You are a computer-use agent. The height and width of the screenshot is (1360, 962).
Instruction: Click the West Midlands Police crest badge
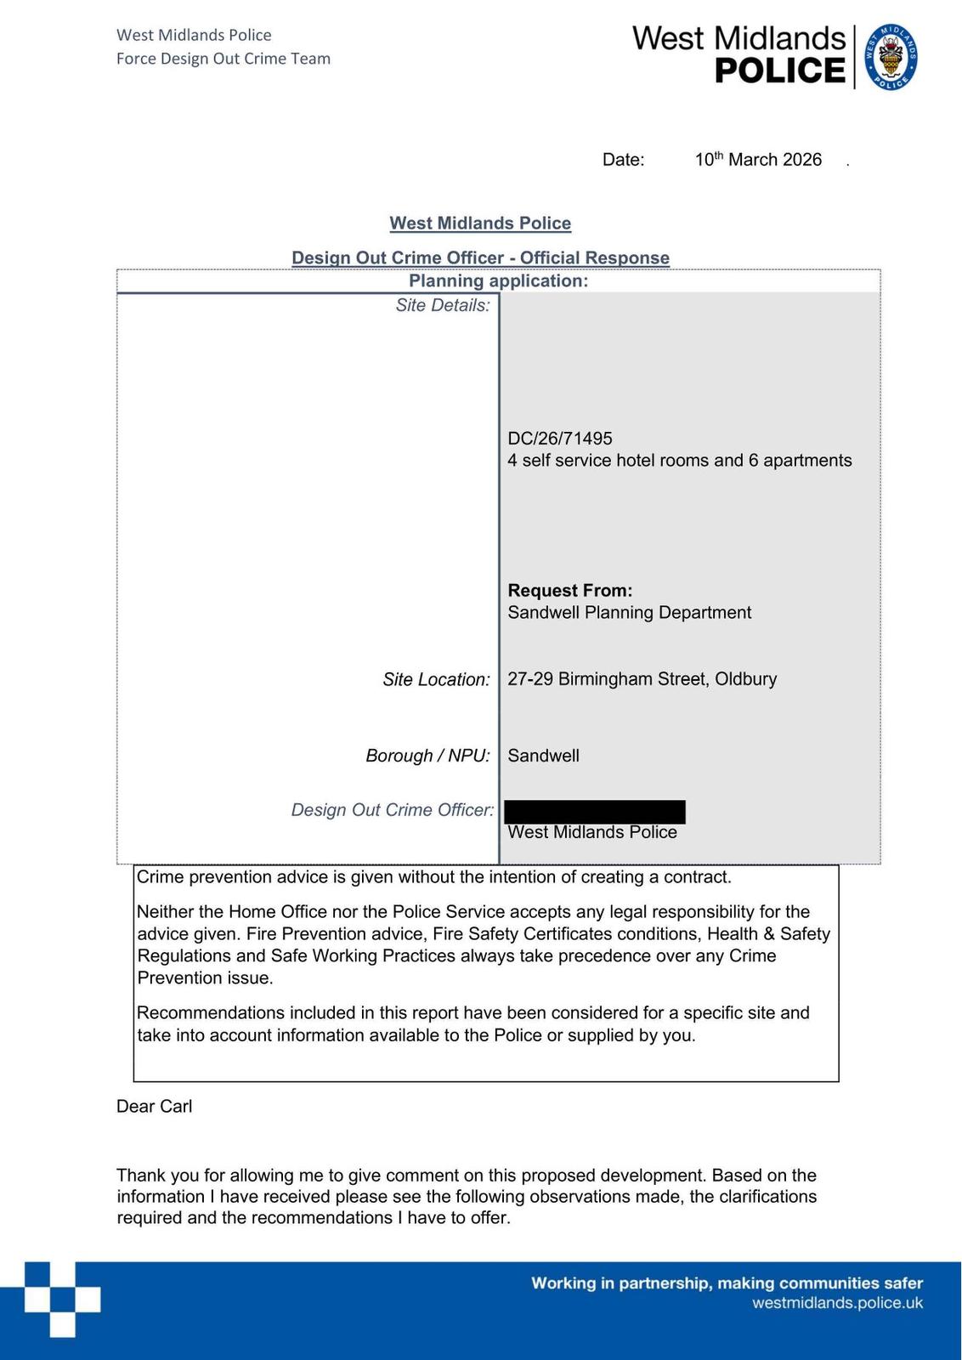pos(891,57)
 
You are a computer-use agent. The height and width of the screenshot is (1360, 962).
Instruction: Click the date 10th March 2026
pos(758,160)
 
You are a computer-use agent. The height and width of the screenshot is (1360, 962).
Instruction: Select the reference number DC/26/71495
pos(560,439)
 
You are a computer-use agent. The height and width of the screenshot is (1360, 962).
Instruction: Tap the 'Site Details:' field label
pos(443,306)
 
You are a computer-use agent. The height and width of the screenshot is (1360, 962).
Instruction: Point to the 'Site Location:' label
pos(436,680)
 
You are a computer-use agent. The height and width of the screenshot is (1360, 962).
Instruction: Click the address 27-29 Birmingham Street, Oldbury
pos(642,679)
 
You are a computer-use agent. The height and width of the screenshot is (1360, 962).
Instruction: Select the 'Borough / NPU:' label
pos(427,756)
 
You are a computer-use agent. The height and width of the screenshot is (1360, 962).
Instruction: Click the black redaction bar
pos(595,812)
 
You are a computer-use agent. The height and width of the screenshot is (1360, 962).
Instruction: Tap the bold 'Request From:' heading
pos(570,591)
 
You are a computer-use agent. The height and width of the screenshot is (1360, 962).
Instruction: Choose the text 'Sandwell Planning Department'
pos(629,613)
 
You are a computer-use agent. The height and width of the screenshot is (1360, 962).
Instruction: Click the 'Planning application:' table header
pos(498,281)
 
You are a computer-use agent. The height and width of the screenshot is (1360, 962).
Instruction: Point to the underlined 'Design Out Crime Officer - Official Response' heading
pos(480,258)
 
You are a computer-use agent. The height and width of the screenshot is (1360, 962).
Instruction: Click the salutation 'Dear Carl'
pos(154,1107)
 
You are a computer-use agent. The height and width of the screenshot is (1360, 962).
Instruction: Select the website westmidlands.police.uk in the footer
pos(837,1304)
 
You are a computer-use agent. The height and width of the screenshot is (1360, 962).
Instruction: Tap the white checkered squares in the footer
pos(62,1300)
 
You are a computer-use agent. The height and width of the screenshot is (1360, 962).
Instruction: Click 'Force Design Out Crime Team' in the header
pos(224,59)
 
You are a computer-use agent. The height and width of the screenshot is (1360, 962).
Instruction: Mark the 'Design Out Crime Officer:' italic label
pos(393,810)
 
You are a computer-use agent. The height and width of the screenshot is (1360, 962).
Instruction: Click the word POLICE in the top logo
pos(780,71)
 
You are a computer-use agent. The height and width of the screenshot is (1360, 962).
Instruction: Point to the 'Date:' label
pos(623,160)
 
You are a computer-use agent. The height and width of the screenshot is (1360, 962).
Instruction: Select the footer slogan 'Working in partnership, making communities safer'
pos(727,1283)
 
